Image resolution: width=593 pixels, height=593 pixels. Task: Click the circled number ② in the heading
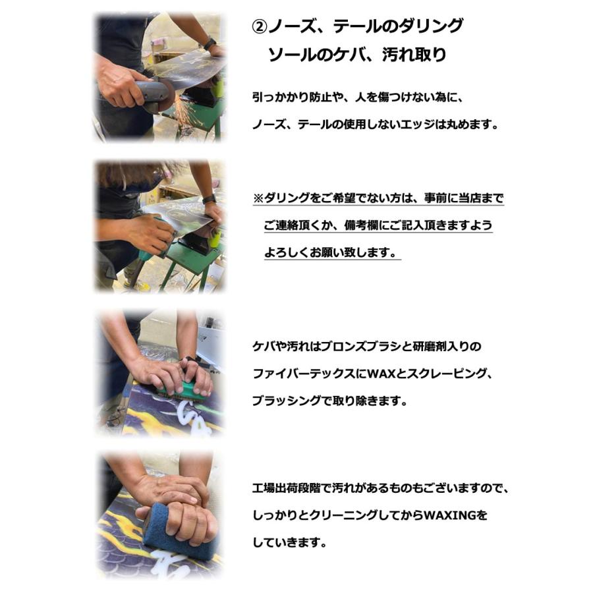click(x=260, y=27)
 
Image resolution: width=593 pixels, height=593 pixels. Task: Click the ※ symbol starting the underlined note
click(x=258, y=198)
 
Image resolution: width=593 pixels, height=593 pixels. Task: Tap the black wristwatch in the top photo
click(x=210, y=44)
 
